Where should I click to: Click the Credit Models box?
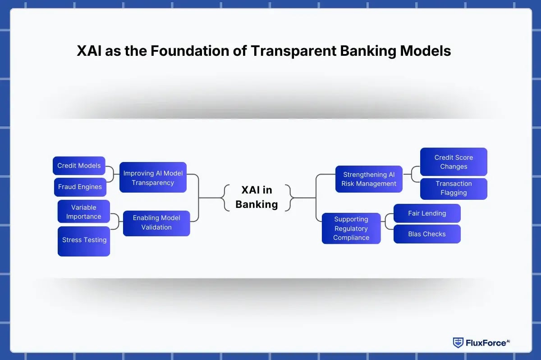(79, 166)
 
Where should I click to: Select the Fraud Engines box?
(80, 187)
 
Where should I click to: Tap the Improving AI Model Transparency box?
(153, 178)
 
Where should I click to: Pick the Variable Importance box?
(84, 212)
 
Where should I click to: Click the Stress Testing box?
(84, 240)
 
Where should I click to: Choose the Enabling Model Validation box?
(156, 223)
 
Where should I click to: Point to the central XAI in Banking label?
(257, 197)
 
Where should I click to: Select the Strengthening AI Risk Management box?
(369, 179)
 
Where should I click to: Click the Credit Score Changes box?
(454, 162)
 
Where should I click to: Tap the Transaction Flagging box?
(454, 188)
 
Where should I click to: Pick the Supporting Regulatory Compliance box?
(351, 229)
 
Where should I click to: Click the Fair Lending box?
(427, 213)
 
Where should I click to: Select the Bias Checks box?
(427, 234)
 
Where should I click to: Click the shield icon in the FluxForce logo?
(458, 343)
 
